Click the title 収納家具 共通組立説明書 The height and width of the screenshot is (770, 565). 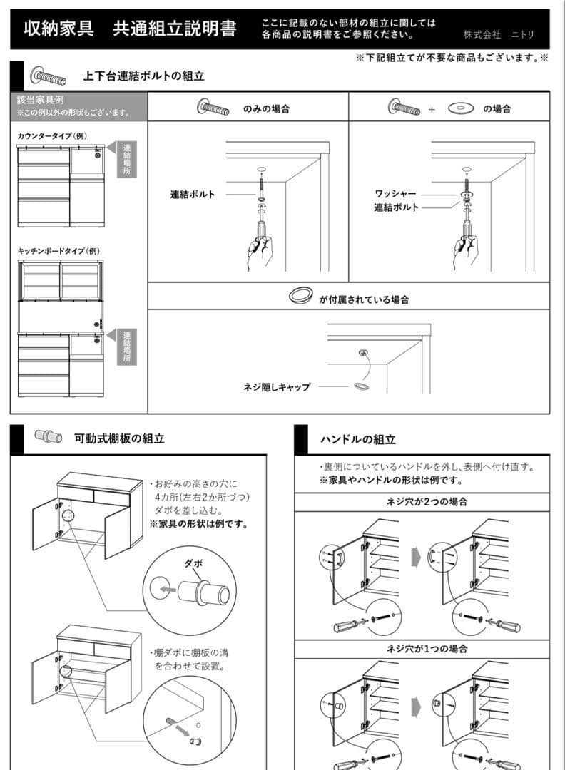tap(130, 29)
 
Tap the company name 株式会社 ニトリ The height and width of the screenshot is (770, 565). tap(498, 34)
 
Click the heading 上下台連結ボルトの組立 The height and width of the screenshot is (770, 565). tap(143, 76)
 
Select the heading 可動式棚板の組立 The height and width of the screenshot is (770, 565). tap(119, 438)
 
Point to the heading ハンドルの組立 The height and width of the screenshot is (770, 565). tap(357, 440)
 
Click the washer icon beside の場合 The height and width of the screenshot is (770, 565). tap(461, 108)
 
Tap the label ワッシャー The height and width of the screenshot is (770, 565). tap(395, 193)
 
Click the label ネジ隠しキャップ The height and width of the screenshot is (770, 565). tap(276, 386)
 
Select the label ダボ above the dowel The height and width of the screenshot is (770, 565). tap(193, 563)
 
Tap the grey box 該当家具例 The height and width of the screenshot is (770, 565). tap(78, 106)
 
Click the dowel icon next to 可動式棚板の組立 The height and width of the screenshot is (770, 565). tap(49, 437)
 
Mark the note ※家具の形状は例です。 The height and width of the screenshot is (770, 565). tap(198, 524)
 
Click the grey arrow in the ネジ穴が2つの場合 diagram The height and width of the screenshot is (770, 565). tap(417, 556)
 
